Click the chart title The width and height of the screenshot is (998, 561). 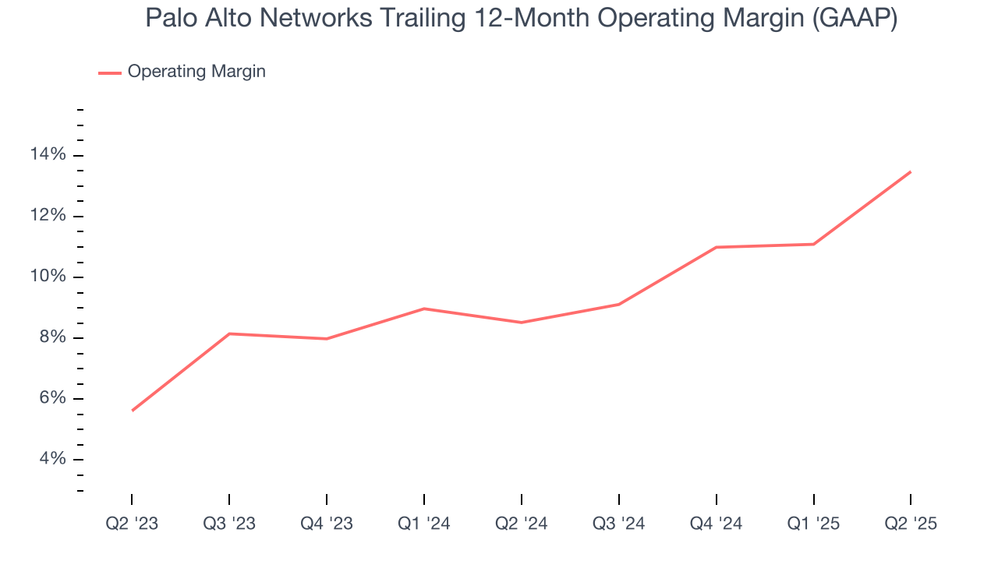click(521, 19)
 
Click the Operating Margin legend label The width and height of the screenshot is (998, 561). click(196, 72)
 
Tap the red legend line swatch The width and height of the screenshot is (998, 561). click(110, 72)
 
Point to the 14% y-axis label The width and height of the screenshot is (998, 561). click(49, 155)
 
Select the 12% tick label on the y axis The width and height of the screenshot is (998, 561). click(49, 216)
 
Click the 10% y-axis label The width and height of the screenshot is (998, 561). click(49, 277)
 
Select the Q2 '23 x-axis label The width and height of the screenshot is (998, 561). click(132, 524)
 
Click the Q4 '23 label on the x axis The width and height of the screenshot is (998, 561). click(326, 524)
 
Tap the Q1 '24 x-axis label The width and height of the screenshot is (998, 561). click(423, 524)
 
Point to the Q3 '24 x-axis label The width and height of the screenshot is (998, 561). click(618, 524)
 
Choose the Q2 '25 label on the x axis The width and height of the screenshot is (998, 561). click(911, 524)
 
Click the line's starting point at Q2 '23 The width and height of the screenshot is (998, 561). click(132, 411)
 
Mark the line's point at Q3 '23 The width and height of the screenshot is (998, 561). click(229, 333)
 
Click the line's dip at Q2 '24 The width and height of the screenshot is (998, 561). click(521, 323)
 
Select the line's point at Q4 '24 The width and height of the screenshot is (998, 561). click(716, 247)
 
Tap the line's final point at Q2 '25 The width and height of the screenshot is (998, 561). click(911, 171)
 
